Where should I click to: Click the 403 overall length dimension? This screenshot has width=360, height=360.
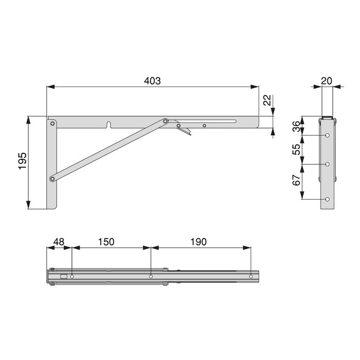pyautogui.click(x=152, y=81)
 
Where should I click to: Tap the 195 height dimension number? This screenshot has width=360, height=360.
pyautogui.click(x=22, y=162)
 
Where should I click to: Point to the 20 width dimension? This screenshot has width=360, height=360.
pyautogui.click(x=326, y=81)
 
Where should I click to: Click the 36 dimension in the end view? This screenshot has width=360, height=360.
pyautogui.click(x=296, y=127)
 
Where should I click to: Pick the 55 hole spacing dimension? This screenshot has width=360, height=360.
pyautogui.click(x=296, y=150)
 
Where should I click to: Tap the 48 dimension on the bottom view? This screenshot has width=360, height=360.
pyautogui.click(x=59, y=242)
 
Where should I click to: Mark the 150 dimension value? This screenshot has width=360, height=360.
pyautogui.click(x=106, y=242)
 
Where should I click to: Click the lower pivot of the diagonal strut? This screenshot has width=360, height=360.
pyautogui.click(x=52, y=179)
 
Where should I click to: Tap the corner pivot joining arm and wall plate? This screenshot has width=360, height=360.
pyautogui.click(x=52, y=123)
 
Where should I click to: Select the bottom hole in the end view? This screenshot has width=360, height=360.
pyautogui.click(x=328, y=200)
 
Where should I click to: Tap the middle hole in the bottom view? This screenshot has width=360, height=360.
pyautogui.click(x=151, y=277)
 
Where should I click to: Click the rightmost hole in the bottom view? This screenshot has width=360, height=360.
pyautogui.click(x=251, y=277)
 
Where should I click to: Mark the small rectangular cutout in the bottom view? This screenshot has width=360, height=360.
pyautogui.click(x=63, y=277)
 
